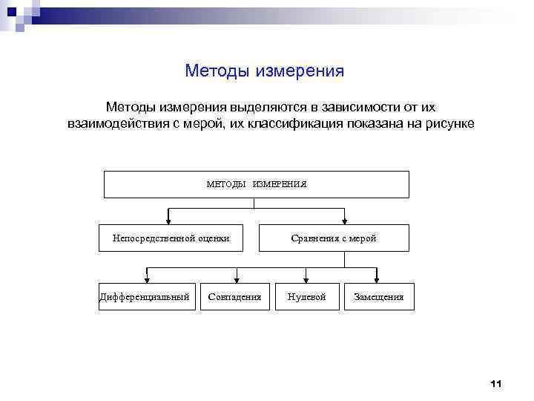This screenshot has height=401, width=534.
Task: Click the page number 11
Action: pyautogui.click(x=496, y=383)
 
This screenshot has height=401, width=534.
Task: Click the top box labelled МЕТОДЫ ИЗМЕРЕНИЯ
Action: pyautogui.click(x=256, y=184)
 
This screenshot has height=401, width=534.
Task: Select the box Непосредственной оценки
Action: pyautogui.click(x=171, y=238)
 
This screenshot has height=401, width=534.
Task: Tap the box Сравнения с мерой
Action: pyautogui.click(x=333, y=238)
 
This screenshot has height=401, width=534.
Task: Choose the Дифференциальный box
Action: pyautogui.click(x=146, y=296)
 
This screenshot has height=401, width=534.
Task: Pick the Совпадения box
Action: pyautogui.click(x=235, y=296)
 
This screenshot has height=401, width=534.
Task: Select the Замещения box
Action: pyautogui.click(x=379, y=296)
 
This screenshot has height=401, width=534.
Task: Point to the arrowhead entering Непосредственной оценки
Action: pyautogui.click(x=170, y=221)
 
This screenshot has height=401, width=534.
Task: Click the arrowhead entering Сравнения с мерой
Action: pyautogui.click(x=345, y=221)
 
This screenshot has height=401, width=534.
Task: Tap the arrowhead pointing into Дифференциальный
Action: pyautogui.click(x=147, y=279)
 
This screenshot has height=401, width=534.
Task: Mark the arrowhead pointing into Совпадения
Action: pyautogui.click(x=236, y=279)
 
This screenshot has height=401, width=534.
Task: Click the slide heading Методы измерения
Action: pyautogui.click(x=265, y=71)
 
